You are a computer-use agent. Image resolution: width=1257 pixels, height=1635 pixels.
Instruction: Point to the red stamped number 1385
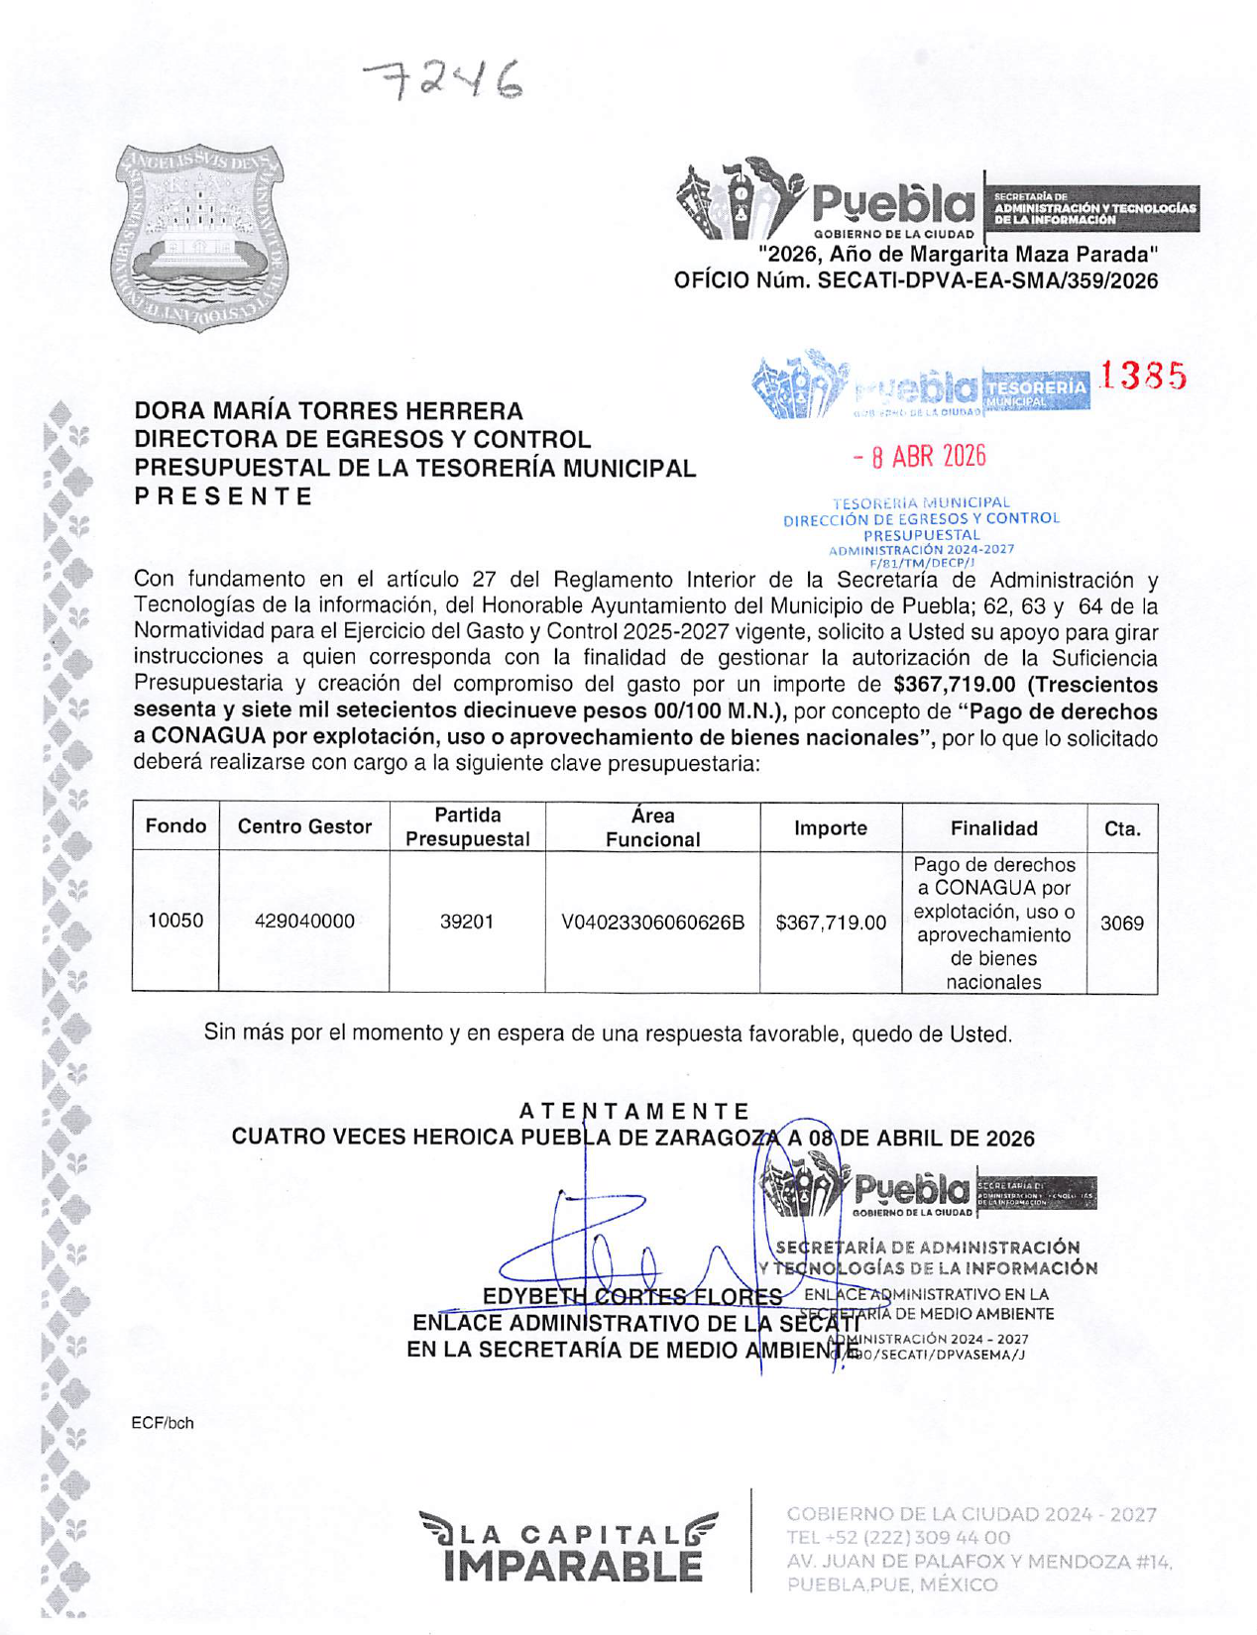(x=1142, y=377)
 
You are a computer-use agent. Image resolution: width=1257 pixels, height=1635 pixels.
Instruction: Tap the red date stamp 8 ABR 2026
(x=920, y=457)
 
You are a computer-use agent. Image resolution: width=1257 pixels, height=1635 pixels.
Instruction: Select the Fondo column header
(x=175, y=826)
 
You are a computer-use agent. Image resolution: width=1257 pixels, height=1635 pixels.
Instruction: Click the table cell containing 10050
(x=175, y=921)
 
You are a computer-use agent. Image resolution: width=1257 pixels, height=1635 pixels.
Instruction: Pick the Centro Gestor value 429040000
(x=304, y=921)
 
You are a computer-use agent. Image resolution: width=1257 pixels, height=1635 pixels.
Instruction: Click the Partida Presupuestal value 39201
(x=467, y=922)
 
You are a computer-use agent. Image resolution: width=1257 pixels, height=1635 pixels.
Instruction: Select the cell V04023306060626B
(x=652, y=923)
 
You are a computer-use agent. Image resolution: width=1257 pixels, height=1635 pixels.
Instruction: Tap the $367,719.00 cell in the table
(x=831, y=923)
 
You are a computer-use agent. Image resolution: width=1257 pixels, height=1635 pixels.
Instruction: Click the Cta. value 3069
(x=1122, y=923)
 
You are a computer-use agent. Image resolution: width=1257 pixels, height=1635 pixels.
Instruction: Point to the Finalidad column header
(x=993, y=828)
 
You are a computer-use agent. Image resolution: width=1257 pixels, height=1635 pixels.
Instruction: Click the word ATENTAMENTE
(x=634, y=1112)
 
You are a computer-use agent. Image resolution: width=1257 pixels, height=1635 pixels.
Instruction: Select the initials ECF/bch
(x=163, y=1423)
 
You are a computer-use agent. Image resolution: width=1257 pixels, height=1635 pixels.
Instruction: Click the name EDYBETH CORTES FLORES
(x=632, y=1297)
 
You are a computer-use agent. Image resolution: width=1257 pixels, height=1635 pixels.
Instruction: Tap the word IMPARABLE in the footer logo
(x=572, y=1566)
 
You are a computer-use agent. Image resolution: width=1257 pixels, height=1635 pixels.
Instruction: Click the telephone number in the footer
(x=898, y=1538)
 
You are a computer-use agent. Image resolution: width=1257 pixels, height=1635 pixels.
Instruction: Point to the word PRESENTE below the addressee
(x=223, y=496)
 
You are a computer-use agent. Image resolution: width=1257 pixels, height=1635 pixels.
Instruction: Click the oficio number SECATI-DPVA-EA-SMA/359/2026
(x=987, y=281)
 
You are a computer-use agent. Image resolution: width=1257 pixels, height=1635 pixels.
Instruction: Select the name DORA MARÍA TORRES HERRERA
(x=328, y=411)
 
